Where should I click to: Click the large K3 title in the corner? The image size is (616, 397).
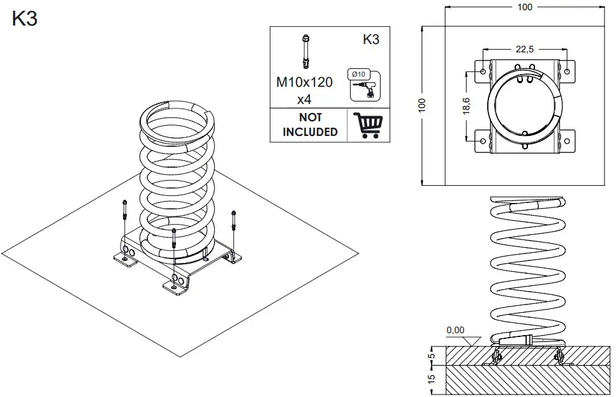[24, 19]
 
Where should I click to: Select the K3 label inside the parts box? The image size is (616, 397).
[370, 40]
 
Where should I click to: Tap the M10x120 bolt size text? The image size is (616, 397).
[304, 83]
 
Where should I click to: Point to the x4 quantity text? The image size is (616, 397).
[304, 100]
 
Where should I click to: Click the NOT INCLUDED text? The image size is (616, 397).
[310, 124]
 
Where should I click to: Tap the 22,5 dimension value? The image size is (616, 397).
[525, 49]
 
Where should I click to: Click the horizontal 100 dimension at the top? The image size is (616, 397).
[524, 7]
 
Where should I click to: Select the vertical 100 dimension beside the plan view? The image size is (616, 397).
[422, 105]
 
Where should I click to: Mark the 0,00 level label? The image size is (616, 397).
[455, 331]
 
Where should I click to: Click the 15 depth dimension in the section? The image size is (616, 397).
[431, 379]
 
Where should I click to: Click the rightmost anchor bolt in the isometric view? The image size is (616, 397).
[234, 221]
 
